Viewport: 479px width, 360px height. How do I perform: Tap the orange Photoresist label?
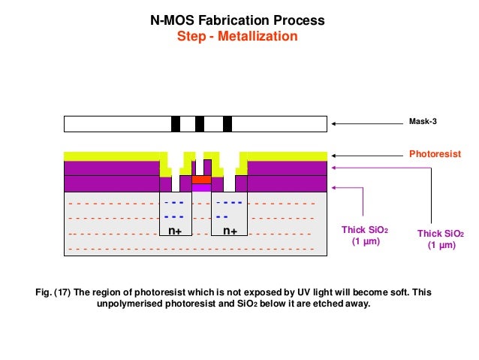pos(434,153)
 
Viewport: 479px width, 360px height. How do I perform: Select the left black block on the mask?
pos(176,124)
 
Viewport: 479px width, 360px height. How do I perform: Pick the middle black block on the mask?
pos(200,124)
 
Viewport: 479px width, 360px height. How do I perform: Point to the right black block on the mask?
pos(227,124)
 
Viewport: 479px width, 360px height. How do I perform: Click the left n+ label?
pos(175,231)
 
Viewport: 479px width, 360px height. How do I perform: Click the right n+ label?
pos(229,231)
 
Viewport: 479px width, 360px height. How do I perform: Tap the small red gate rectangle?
pos(201,180)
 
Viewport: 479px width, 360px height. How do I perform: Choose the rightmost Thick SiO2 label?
pos(441,240)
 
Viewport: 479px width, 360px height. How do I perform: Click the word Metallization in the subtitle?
pos(258,35)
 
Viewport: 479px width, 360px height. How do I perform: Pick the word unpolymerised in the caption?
pos(136,305)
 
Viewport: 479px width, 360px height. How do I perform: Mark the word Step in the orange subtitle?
pos(190,35)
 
